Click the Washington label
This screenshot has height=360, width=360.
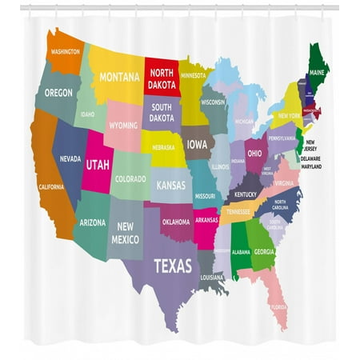click(x=66, y=51)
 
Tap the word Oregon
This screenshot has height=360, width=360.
click(x=58, y=92)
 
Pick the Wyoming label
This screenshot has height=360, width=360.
click(x=123, y=125)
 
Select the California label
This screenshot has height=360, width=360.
click(x=51, y=186)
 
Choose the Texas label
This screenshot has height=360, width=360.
click(x=172, y=266)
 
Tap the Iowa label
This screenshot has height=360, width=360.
click(x=196, y=145)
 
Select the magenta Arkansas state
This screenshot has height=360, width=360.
click(x=206, y=222)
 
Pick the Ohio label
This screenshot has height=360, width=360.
click(x=254, y=153)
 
